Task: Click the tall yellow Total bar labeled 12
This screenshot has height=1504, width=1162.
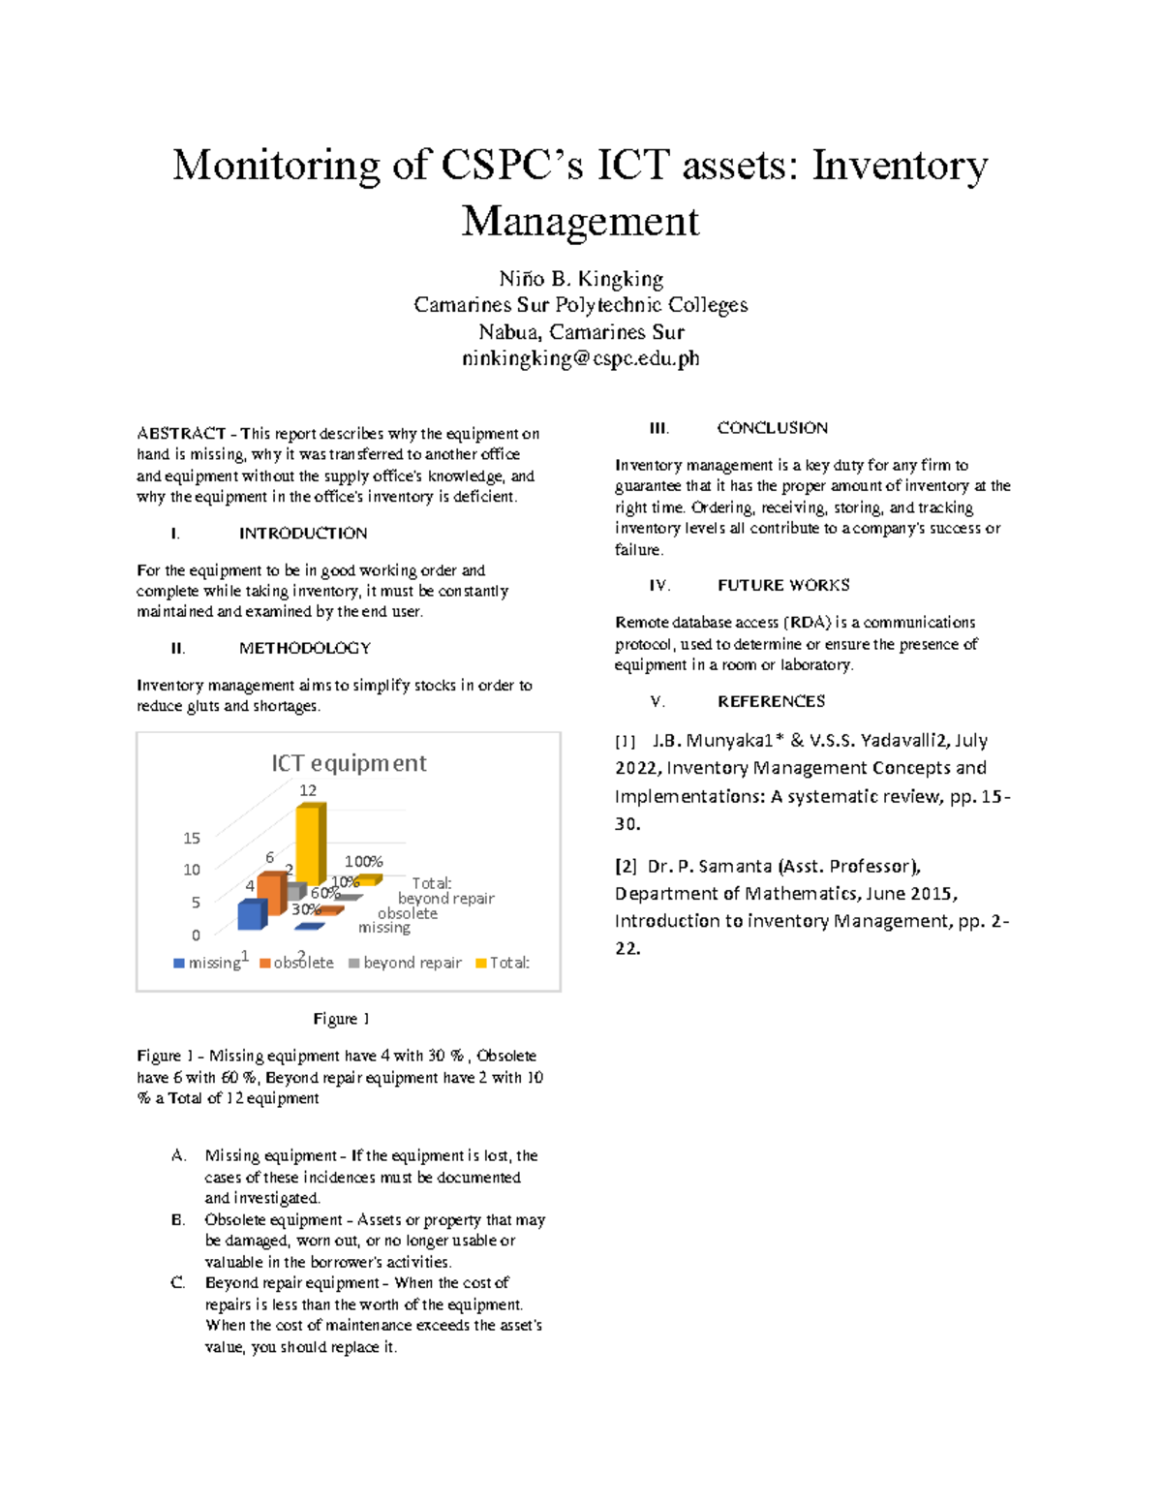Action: [308, 844]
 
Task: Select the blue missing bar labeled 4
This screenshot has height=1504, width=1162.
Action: [251, 915]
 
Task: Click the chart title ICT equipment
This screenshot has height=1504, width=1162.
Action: [349, 763]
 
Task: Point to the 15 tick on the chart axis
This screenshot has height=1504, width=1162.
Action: [192, 838]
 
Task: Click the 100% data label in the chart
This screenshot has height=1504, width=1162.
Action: [364, 861]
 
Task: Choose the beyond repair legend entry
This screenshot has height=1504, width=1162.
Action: [406, 963]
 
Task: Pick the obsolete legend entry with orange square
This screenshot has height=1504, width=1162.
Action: [297, 963]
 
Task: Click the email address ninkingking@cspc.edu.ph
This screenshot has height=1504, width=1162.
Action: [580, 358]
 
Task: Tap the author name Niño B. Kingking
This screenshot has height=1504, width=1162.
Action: [580, 279]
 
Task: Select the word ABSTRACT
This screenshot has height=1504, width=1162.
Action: [181, 433]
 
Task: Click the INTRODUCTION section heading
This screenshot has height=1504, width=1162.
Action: [303, 533]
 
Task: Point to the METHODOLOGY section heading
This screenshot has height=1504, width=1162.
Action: [305, 648]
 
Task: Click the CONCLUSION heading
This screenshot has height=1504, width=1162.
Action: [772, 427]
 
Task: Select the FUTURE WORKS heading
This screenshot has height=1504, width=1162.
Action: [783, 585]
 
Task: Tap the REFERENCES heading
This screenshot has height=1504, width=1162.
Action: [771, 701]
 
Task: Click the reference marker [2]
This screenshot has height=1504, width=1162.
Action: [626, 866]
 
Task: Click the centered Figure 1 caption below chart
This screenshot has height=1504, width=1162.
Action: [341, 1019]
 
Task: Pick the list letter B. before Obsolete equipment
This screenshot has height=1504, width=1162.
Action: [178, 1219]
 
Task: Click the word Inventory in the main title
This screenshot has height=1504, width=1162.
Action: [900, 165]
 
